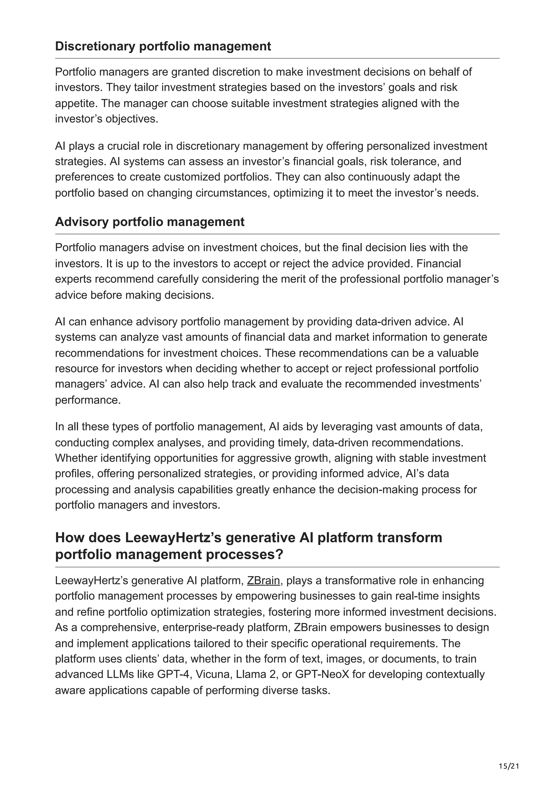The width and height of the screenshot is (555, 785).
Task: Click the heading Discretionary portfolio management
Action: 163,46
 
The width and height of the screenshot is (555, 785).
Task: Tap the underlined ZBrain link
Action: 263,580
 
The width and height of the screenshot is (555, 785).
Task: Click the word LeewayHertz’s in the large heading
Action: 173,538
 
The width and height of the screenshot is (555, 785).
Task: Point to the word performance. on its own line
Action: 88,400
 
